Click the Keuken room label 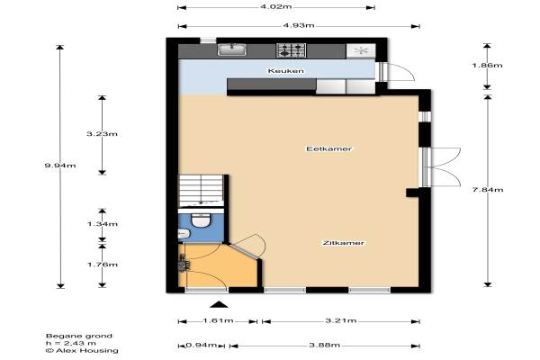tap(286, 71)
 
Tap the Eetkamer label tap(328, 148)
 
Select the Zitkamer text tap(343, 243)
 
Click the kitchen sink tap(232, 49)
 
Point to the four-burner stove tap(292, 50)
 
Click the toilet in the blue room tap(201, 220)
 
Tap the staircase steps tap(201, 191)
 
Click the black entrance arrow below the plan tap(219, 304)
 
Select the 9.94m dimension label tap(60, 166)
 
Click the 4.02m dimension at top tap(276, 6)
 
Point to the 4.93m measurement tap(299, 25)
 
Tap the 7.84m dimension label tap(488, 190)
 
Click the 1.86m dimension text tap(487, 65)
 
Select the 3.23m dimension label tap(102, 134)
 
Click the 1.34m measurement tap(103, 224)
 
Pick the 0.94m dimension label tap(202, 346)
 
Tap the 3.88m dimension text tap(324, 346)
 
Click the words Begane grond tap(79, 336)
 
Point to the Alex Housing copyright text tap(82, 351)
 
